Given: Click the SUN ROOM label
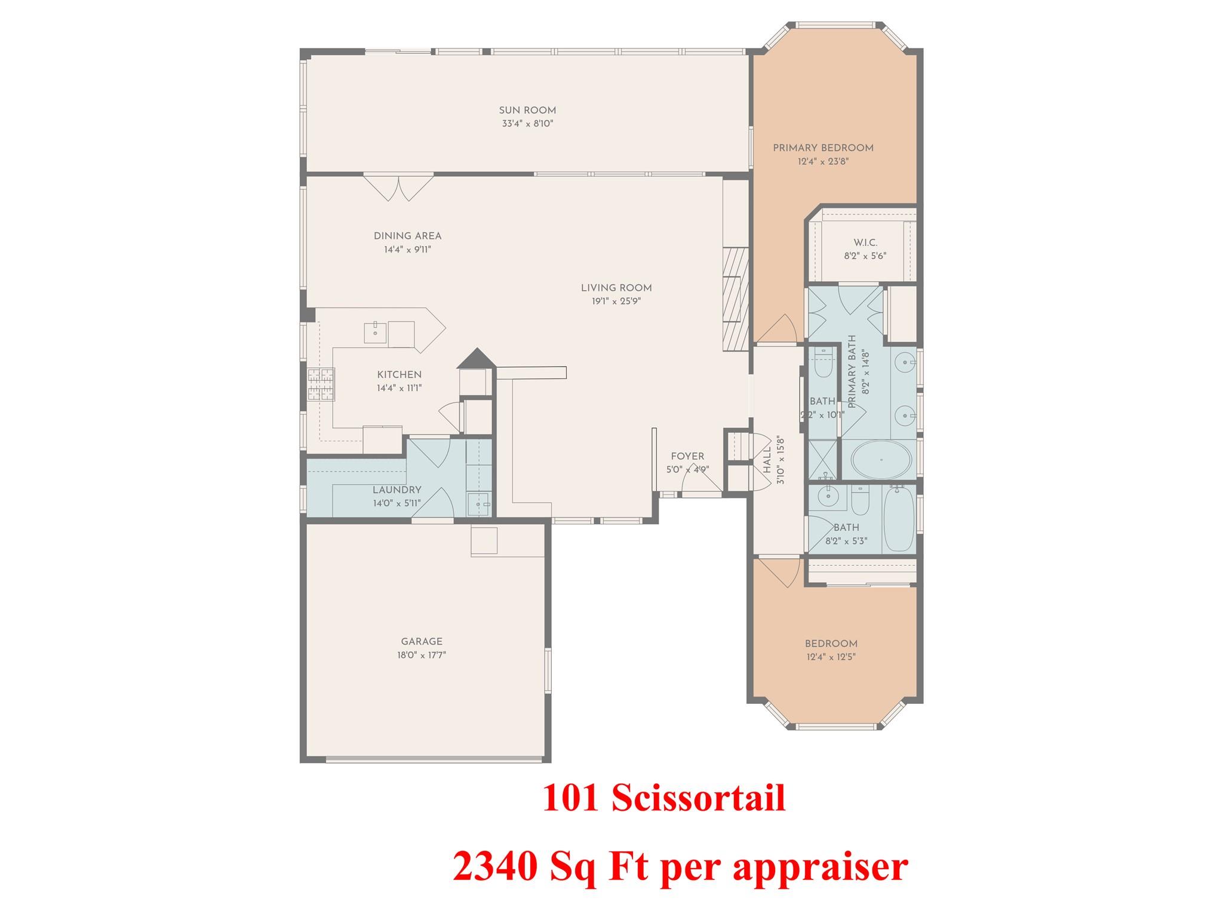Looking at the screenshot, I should point(527,110).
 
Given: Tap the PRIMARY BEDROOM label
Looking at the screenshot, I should point(823,148).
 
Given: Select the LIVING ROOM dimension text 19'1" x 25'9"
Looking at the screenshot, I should point(616,301).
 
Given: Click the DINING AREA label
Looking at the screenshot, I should point(407,236).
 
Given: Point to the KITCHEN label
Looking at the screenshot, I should point(399,375).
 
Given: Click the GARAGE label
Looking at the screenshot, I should point(422,642).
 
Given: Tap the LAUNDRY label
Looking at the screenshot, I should point(397,490).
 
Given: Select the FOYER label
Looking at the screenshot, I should point(687,457).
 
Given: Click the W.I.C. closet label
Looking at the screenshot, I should point(865,243).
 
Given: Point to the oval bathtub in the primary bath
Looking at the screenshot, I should point(881,460).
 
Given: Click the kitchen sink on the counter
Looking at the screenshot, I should point(376,332).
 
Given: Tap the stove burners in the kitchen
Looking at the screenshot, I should point(321,384).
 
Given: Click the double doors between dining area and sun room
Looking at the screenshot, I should point(399,186).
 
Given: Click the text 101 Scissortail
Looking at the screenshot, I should point(664,799).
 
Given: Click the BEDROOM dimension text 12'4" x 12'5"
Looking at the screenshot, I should point(831,657).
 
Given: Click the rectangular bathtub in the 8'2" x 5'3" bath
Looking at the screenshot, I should point(898,518).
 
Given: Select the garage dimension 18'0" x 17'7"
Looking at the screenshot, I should point(422,655).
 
